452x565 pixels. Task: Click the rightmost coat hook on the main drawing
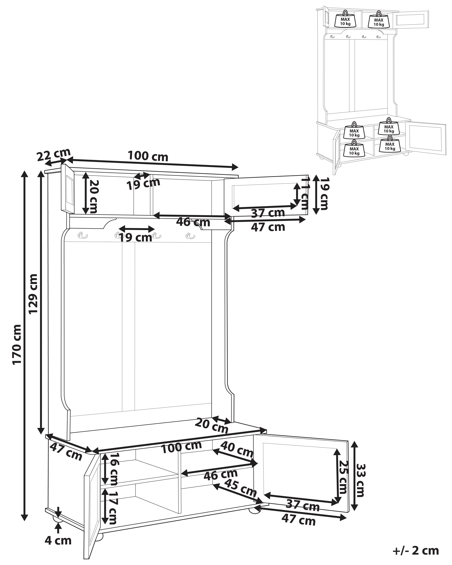click(x=190, y=236)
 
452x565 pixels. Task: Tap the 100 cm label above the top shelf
click(x=148, y=156)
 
